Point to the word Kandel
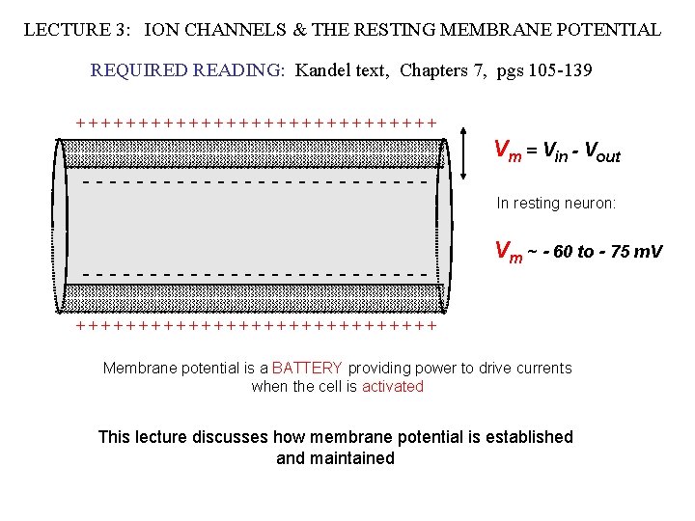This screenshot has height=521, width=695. (x=324, y=70)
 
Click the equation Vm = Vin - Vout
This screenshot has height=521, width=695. (x=557, y=151)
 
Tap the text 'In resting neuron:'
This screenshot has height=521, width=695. (x=555, y=204)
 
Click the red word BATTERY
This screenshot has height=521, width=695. (x=307, y=368)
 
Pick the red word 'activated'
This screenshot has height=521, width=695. (x=392, y=386)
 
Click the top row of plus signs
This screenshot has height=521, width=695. (x=256, y=123)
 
